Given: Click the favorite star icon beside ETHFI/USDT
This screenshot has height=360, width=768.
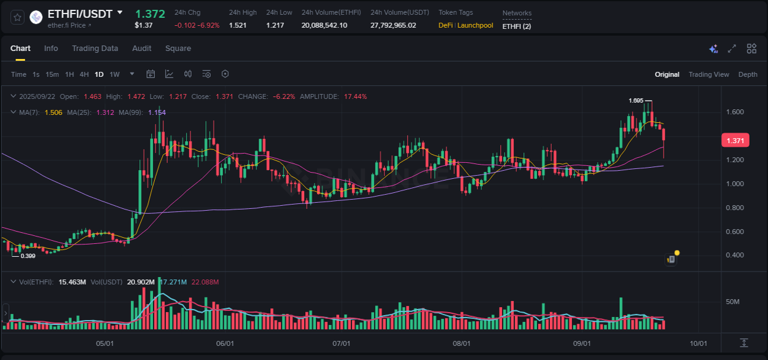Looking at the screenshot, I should coord(18,17).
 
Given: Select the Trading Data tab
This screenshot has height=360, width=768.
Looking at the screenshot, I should coord(95,49).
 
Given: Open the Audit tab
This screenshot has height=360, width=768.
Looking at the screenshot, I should coord(142,49).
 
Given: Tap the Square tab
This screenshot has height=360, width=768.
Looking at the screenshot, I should coord(178,49).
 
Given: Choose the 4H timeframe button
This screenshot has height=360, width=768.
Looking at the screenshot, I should coord(84,74).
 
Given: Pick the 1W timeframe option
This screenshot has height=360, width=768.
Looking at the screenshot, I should coord(115,74).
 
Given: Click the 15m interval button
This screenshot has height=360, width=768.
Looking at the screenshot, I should coord(52,74).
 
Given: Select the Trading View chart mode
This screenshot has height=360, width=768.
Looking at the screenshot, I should coord(708,74).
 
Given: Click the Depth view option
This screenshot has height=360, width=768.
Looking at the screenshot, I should coord(748,74).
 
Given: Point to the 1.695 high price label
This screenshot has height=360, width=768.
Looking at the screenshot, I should coord(636,100).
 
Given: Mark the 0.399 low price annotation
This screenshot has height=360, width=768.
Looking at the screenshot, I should coord(28,256).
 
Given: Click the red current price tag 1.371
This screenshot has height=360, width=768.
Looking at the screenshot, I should coord(735,141).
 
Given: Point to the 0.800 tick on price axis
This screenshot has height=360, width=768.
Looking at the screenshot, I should coord(735,208).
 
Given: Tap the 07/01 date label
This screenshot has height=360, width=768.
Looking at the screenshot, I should coord(341,343).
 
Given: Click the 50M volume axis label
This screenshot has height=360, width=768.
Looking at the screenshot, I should coord(732,302).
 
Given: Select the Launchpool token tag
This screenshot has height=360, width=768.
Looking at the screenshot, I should coord(475,25).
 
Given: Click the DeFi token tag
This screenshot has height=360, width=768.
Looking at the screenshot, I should coord(445,25).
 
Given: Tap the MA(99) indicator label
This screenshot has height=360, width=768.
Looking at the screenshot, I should coord(130,112).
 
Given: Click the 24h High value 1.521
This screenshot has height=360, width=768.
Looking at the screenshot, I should coord(238,25).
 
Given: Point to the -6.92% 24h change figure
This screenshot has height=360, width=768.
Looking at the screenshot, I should coord(209,25).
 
